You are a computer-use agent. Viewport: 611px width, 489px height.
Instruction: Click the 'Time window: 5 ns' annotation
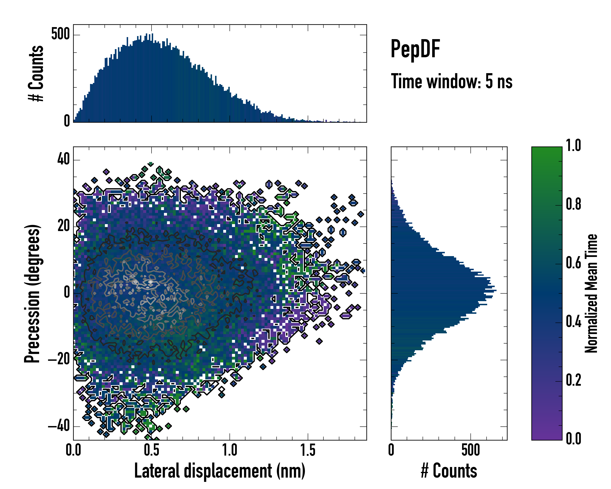[x=452, y=81]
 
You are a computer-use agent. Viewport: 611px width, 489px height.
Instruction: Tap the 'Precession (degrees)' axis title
[x=32, y=294]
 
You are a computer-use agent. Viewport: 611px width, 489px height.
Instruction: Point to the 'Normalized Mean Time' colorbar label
[x=591, y=293]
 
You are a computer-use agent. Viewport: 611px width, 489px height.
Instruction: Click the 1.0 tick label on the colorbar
[x=573, y=146]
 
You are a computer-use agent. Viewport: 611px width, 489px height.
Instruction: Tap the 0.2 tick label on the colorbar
[x=573, y=380]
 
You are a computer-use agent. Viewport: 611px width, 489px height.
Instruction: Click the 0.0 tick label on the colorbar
[x=573, y=438]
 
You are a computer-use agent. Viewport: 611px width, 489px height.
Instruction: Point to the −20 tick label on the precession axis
[x=59, y=360]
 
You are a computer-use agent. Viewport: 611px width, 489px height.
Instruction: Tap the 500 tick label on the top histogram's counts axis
[x=60, y=35]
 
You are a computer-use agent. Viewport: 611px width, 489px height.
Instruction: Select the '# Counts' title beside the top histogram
[x=36, y=73]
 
